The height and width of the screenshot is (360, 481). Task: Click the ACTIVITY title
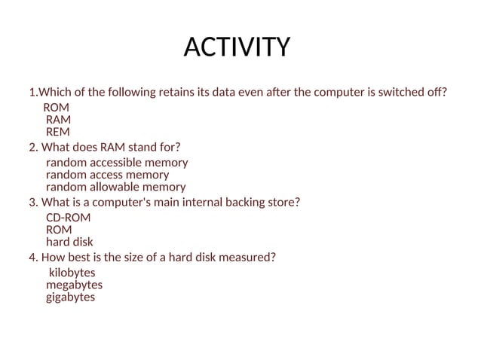pyautogui.click(x=237, y=47)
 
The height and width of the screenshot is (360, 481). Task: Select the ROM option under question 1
pyautogui.click(x=56, y=108)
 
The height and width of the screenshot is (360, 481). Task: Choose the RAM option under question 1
pyautogui.click(x=58, y=119)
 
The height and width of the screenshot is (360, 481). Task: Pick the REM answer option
pyautogui.click(x=58, y=131)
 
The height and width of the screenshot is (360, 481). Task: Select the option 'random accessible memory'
pyautogui.click(x=117, y=163)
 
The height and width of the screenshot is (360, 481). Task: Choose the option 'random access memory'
pyautogui.click(x=107, y=175)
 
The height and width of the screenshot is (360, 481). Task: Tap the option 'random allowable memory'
pyautogui.click(x=115, y=187)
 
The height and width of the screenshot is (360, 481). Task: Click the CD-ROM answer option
pyautogui.click(x=68, y=218)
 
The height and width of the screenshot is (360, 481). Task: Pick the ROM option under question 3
pyautogui.click(x=59, y=230)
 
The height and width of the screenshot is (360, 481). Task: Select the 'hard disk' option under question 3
pyautogui.click(x=69, y=242)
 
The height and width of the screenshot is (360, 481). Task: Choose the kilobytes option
pyautogui.click(x=72, y=273)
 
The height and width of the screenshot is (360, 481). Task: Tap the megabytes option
pyautogui.click(x=74, y=285)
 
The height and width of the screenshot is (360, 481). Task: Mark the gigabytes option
pyautogui.click(x=70, y=297)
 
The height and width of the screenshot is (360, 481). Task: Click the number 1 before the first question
pyautogui.click(x=32, y=93)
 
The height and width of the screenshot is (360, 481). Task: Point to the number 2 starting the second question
pyautogui.click(x=32, y=146)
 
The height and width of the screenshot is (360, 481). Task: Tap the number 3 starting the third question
pyautogui.click(x=32, y=202)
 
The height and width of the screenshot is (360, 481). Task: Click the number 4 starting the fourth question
pyautogui.click(x=32, y=257)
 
